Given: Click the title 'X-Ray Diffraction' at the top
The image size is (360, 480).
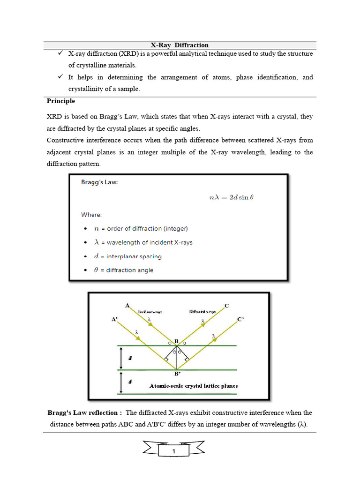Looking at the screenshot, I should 180,45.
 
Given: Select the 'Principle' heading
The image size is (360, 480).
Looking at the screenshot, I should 60,101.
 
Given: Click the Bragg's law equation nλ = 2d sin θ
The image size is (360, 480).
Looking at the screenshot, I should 231,197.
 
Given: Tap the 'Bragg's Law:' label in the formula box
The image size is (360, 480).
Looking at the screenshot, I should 99,183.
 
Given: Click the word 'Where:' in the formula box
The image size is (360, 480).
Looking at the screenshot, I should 91,215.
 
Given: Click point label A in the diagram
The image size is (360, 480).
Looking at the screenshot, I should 127,305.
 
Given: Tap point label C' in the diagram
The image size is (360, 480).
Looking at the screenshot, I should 240,319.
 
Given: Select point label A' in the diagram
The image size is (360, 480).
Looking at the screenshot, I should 114,319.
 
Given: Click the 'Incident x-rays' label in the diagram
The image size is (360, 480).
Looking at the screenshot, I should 150,311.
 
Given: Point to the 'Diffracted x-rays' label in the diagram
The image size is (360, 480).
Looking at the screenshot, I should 202,311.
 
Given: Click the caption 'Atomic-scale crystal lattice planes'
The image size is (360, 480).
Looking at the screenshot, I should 193,386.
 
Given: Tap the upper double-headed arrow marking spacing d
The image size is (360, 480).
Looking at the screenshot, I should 121,358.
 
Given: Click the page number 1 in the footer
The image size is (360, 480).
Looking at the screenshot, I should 173,452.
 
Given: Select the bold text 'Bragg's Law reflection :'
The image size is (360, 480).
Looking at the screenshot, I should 85,412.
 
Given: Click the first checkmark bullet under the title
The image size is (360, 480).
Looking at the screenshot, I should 60,53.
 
